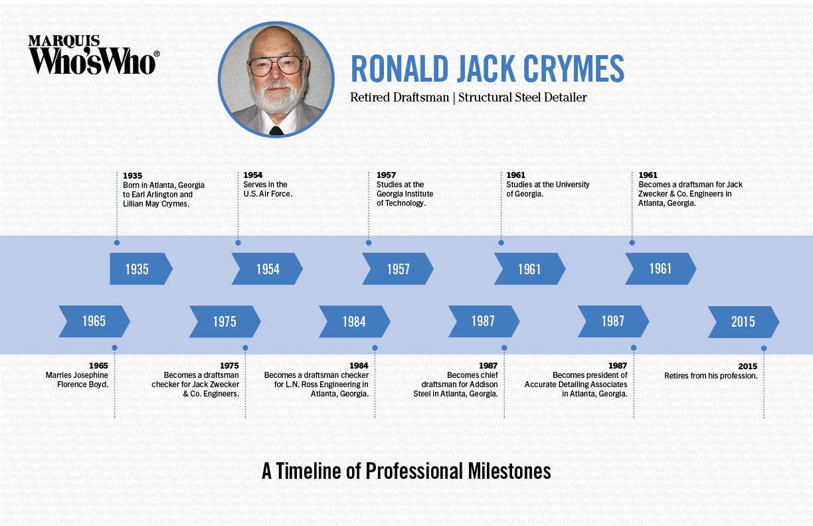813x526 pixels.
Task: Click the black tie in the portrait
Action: (x=276, y=130)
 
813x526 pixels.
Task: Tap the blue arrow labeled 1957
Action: (x=397, y=269)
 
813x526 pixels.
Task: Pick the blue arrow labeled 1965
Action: (x=94, y=321)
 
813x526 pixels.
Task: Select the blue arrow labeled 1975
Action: (x=225, y=321)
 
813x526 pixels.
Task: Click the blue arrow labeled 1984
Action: (x=354, y=321)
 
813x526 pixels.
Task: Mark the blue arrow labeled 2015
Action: (x=743, y=321)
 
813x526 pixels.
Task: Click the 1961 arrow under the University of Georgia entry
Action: (x=529, y=269)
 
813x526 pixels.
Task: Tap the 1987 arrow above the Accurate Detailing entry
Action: (x=613, y=321)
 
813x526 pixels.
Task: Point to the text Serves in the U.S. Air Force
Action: (x=266, y=189)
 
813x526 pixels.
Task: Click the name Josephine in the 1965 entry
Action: (x=88, y=375)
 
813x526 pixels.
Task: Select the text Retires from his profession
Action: (x=711, y=375)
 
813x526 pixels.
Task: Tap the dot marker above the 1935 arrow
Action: (x=117, y=242)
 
